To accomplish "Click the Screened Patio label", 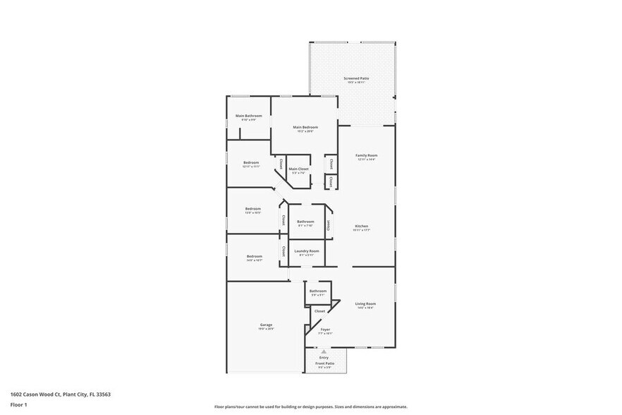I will pyautogui.click(x=356, y=78).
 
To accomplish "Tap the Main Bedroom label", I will pyautogui.click(x=305, y=127).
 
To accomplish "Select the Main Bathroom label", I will pyautogui.click(x=248, y=116).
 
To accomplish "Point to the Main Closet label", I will pyautogui.click(x=298, y=169).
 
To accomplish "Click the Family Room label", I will pyautogui.click(x=366, y=155).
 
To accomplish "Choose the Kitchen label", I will pyautogui.click(x=361, y=226).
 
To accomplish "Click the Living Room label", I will pyautogui.click(x=365, y=303).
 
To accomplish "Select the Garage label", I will pyautogui.click(x=266, y=325).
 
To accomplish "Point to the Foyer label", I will pyautogui.click(x=325, y=329).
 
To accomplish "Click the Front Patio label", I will pyautogui.click(x=325, y=363).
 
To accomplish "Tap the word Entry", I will pyautogui.click(x=324, y=357).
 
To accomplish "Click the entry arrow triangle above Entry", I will pyautogui.click(x=324, y=351).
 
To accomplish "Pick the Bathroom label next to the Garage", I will pyautogui.click(x=317, y=290).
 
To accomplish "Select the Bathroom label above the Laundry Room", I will pyautogui.click(x=305, y=222).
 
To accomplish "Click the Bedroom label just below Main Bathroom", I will pyautogui.click(x=251, y=162).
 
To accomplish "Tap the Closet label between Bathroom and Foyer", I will pyautogui.click(x=319, y=311).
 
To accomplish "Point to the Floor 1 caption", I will pyautogui.click(x=18, y=404).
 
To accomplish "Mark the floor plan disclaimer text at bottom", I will pyautogui.click(x=310, y=407).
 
